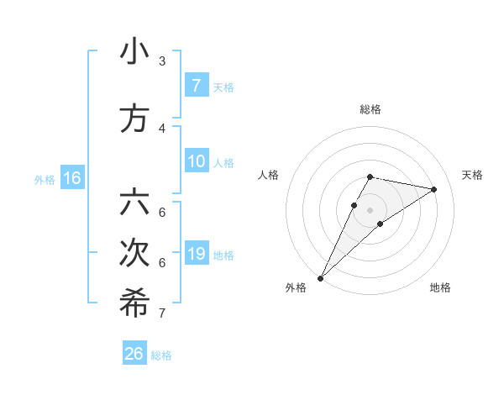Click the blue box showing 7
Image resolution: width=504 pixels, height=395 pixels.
196,85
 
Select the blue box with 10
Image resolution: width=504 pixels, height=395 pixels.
196,161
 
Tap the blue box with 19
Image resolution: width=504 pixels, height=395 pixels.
196,253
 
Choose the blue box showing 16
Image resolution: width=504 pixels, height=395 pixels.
71,177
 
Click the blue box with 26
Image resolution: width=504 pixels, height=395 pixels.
134,354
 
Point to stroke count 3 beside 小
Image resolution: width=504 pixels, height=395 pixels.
162,61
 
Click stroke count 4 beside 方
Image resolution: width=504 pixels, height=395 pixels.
162,129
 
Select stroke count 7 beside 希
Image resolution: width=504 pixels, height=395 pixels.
162,313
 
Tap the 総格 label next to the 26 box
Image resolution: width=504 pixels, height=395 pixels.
161,355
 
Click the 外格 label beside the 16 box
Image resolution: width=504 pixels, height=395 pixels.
45,179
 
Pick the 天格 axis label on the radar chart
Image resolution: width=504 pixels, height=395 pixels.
472,175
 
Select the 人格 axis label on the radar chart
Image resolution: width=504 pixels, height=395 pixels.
268,175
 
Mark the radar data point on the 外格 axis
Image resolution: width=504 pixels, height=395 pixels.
321,277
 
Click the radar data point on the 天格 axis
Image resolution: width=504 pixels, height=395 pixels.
433,189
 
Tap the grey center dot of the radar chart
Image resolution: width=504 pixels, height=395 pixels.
370,210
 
